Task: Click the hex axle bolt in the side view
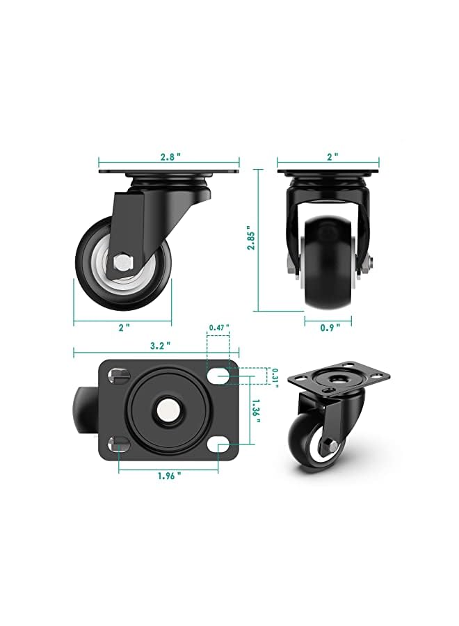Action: [x=123, y=262]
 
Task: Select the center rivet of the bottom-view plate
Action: [x=168, y=410]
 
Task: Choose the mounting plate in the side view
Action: [x=169, y=172]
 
